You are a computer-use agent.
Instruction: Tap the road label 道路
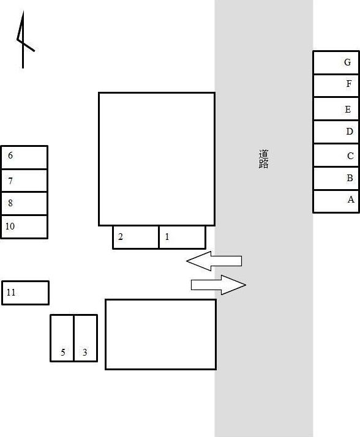pos(263,159)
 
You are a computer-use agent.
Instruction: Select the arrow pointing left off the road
pos(214,261)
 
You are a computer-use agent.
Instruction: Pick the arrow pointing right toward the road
pos(219,285)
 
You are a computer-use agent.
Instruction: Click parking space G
pos(336,62)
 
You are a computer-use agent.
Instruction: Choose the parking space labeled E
pos(336,109)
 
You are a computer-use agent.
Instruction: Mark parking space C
pos(336,155)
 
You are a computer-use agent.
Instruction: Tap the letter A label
pos(351,200)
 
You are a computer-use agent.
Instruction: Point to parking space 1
pos(182,237)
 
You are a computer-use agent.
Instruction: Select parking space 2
pos(135,237)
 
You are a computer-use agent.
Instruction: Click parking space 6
pos(24,157)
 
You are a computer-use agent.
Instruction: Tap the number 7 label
pos(10,181)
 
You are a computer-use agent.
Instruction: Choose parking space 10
pos(24,227)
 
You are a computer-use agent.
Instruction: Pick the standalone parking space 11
pos(25,293)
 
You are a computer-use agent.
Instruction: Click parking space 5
pos(62,338)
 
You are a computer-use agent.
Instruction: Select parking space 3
pos(86,338)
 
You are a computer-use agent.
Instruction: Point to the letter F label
pos(349,84)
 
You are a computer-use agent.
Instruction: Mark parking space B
pos(336,178)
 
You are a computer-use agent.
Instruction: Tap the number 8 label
pos(10,203)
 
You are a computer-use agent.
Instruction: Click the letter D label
pos(350,131)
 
